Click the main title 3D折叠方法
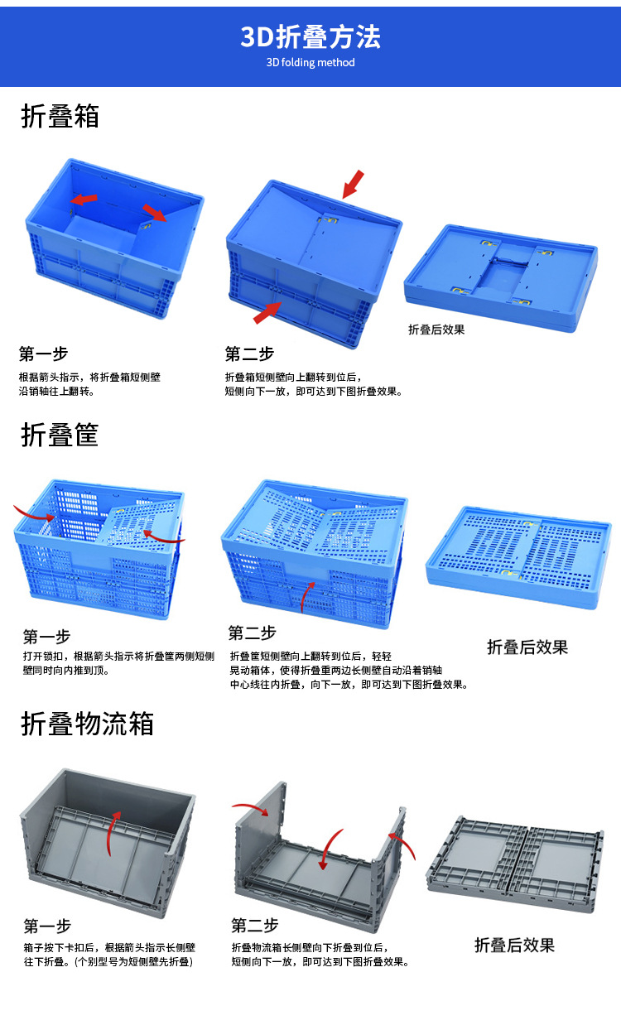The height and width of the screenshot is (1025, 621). (310, 37)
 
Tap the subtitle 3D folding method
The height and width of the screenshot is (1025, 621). (310, 62)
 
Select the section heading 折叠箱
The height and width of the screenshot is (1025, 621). (60, 116)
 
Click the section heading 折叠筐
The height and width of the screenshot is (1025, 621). (60, 435)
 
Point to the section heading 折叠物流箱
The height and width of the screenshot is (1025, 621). (88, 724)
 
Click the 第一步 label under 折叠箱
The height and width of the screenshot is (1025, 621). (44, 354)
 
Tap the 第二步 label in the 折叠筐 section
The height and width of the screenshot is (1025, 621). (253, 633)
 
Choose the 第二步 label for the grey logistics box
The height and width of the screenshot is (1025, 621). (255, 926)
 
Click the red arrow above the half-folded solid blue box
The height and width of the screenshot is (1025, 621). (353, 185)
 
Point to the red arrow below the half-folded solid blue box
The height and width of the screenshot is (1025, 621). (267, 313)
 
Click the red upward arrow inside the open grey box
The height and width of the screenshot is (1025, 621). (113, 833)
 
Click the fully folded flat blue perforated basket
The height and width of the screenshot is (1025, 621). (518, 557)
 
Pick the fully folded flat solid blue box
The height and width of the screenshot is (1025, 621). (501, 277)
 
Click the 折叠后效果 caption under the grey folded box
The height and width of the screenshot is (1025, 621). (514, 945)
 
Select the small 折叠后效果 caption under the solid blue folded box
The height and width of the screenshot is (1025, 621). (436, 330)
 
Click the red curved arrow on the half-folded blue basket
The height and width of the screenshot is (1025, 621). (307, 596)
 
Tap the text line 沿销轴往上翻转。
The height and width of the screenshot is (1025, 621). (57, 392)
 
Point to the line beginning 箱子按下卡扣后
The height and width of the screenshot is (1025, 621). (109, 947)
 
